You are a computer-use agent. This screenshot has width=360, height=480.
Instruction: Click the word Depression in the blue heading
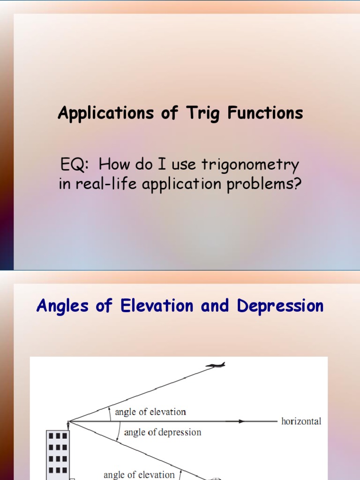tap(280, 306)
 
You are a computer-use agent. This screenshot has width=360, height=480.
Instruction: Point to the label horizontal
tap(301, 421)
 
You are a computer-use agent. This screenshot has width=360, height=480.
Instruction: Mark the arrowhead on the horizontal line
tap(241, 421)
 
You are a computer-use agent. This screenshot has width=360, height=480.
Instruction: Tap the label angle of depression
tap(162, 432)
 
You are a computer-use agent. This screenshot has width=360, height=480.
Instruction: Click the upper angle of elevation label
tap(150, 412)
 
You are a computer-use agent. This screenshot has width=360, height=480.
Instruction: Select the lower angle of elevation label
tap(139, 474)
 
